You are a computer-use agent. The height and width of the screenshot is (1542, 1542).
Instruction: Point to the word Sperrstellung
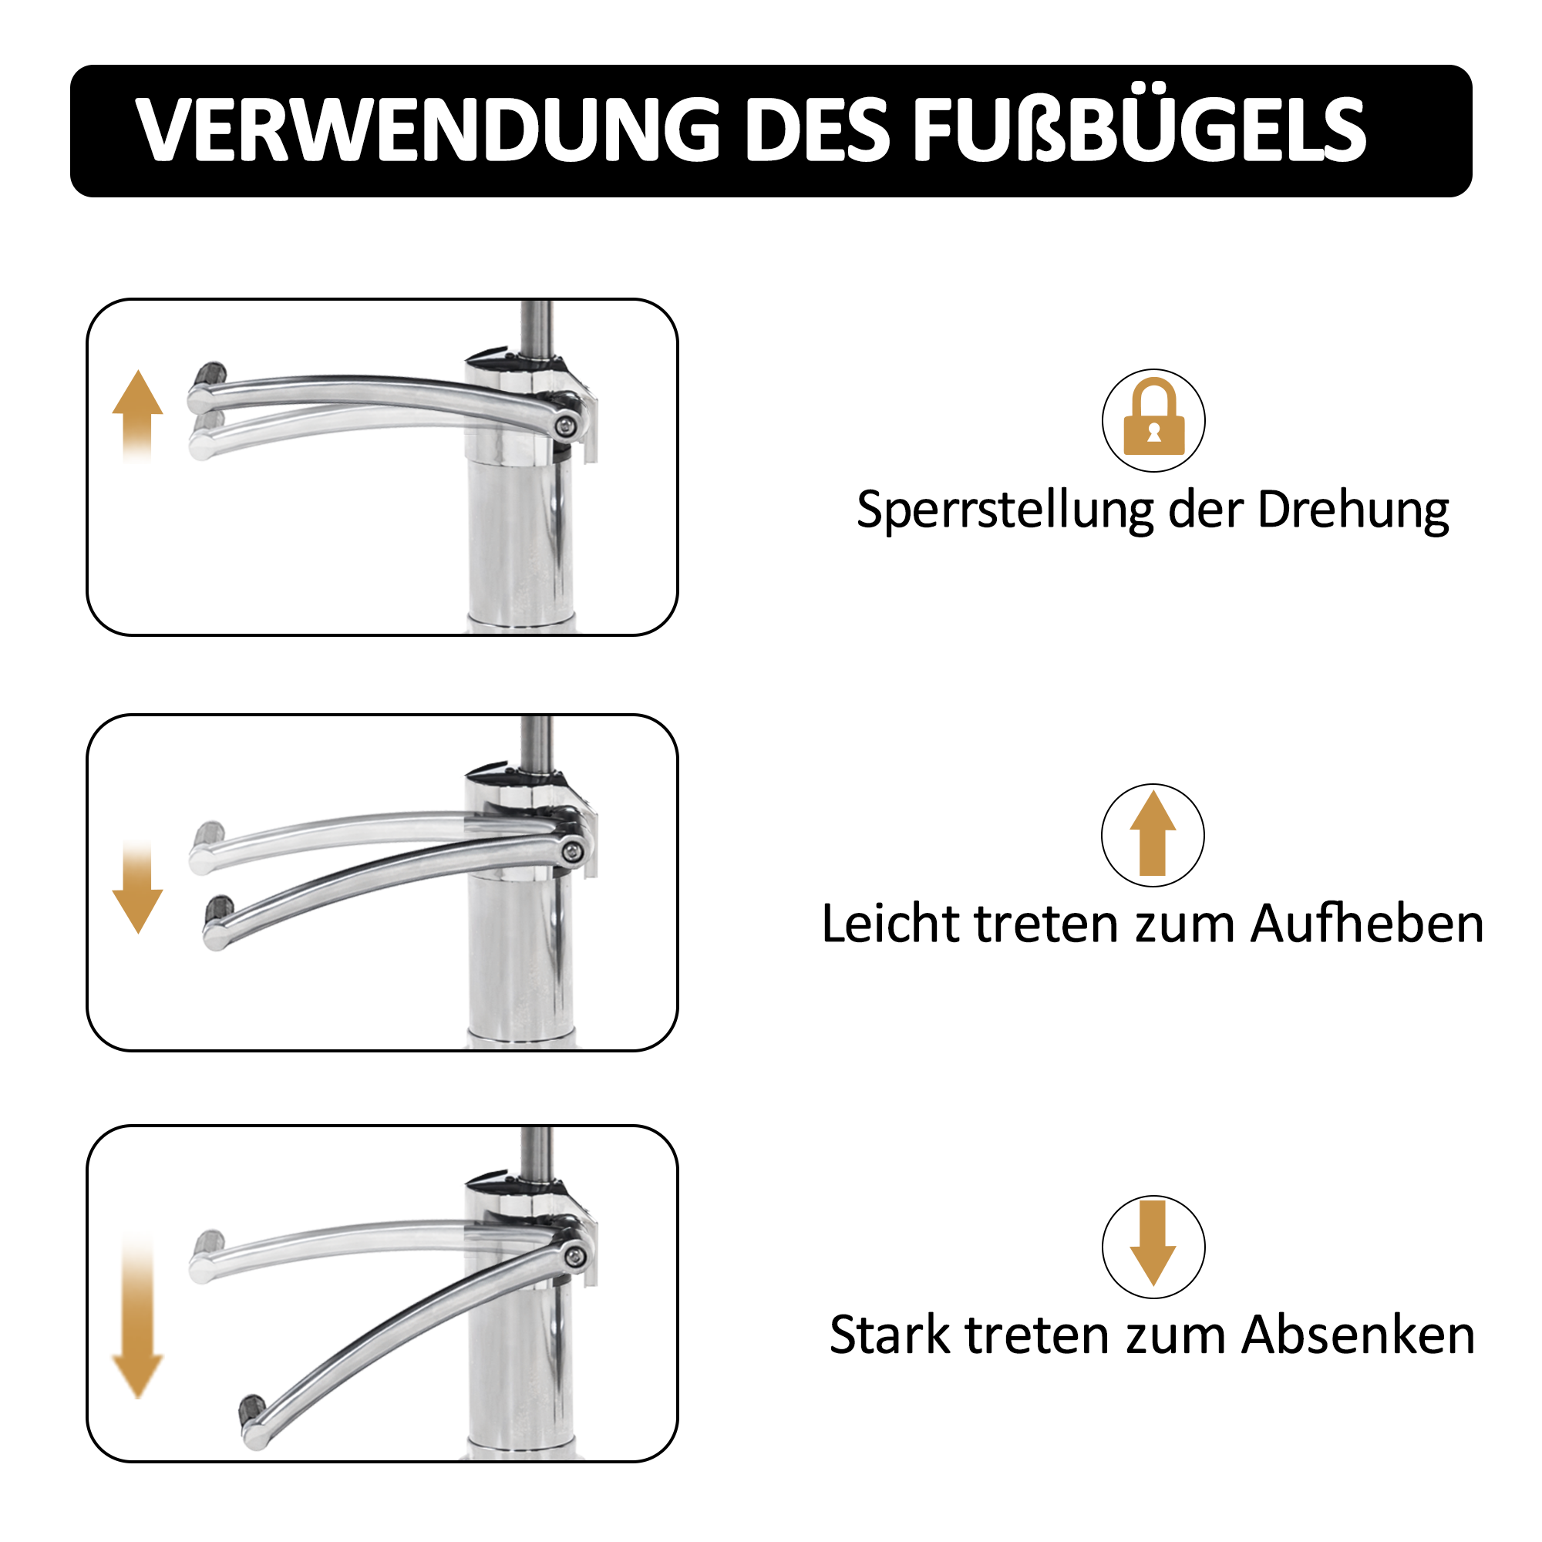click(x=1005, y=511)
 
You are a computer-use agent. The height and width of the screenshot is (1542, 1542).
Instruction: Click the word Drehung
click(x=1354, y=511)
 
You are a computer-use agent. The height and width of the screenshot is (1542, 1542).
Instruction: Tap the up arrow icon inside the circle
click(x=1153, y=833)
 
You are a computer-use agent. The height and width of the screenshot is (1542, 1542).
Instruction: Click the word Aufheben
click(x=1366, y=924)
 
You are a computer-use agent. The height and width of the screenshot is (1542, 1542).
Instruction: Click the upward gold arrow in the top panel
click(x=137, y=415)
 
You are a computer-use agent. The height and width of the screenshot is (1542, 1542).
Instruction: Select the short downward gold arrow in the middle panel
click(x=137, y=886)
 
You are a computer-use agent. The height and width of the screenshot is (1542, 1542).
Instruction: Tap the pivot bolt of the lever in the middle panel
click(x=571, y=852)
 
